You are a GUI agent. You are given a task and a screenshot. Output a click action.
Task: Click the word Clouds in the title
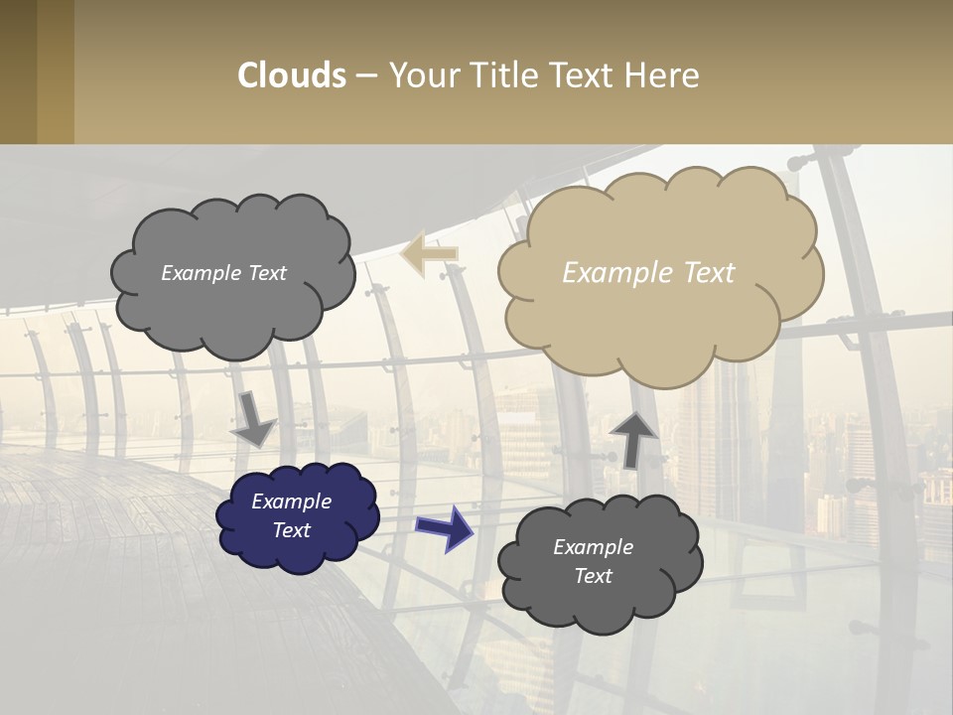tap(292, 75)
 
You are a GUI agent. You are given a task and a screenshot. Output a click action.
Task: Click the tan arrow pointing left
tap(429, 253)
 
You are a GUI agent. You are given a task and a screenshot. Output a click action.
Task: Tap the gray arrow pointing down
tap(254, 419)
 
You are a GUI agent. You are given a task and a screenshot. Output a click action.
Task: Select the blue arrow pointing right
tap(444, 527)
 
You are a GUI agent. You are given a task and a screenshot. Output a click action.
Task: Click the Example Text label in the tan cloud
tap(648, 273)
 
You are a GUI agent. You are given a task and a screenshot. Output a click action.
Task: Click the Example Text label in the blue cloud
tap(291, 515)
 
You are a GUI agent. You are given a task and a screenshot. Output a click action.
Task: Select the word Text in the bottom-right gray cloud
tap(593, 576)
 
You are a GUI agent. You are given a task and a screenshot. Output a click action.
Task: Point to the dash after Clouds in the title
tap(366, 75)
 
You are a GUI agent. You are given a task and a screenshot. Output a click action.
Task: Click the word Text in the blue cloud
tap(291, 530)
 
